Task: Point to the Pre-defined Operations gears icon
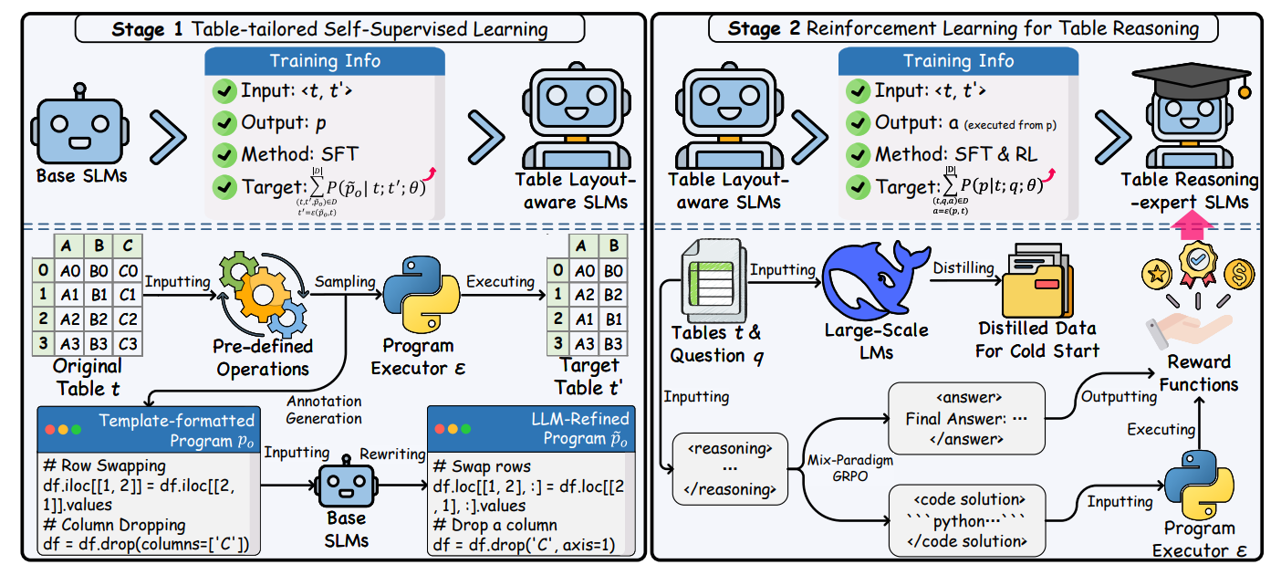pyautogui.click(x=263, y=289)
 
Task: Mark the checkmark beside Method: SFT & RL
pyautogui.click(x=859, y=153)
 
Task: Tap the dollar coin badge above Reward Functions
pyautogui.click(x=1241, y=272)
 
